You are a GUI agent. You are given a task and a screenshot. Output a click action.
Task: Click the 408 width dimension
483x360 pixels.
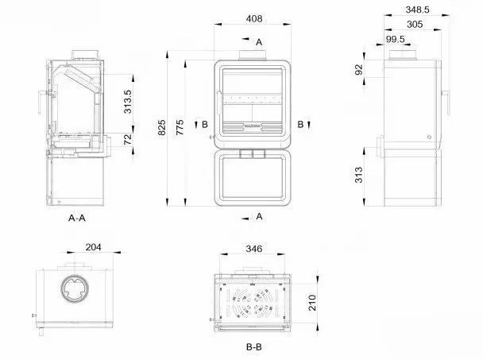pyautogui.click(x=254, y=19)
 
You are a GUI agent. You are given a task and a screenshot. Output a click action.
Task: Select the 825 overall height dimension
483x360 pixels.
pyautogui.click(x=162, y=128)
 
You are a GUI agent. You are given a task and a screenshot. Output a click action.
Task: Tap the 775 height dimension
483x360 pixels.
pyautogui.click(x=180, y=128)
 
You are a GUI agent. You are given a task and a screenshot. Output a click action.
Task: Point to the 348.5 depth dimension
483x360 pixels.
pyautogui.click(x=417, y=10)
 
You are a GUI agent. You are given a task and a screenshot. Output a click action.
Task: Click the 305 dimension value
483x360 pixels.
pyautogui.click(x=415, y=25)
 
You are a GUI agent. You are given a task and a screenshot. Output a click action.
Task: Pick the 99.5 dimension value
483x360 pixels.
pyautogui.click(x=395, y=39)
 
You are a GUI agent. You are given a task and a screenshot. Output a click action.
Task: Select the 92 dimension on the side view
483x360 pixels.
pyautogui.click(x=359, y=70)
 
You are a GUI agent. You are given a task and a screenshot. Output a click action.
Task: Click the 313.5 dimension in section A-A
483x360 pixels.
pyautogui.click(x=128, y=102)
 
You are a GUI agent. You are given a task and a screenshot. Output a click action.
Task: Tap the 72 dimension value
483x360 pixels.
pyautogui.click(x=128, y=139)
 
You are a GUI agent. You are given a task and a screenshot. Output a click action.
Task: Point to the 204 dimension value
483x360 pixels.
pyautogui.click(x=93, y=247)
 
